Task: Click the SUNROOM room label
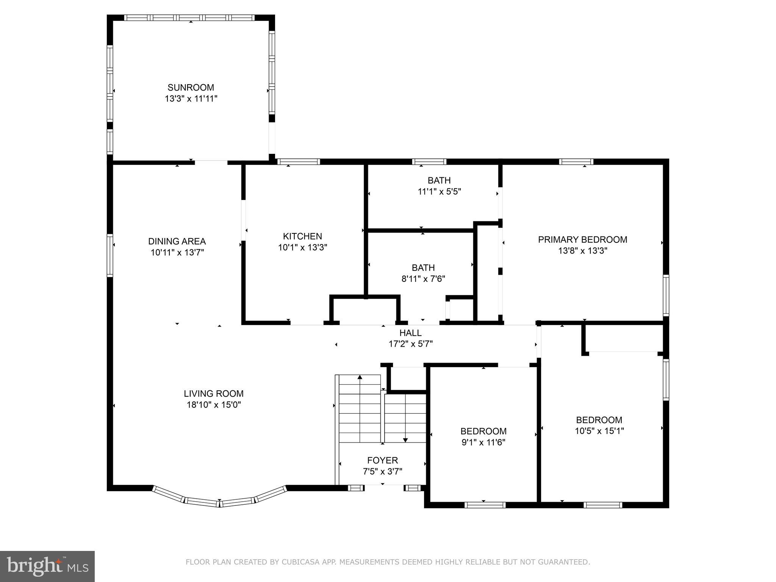click(191, 88)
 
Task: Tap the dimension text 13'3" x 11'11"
click(191, 99)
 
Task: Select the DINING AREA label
click(177, 241)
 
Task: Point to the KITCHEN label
click(302, 236)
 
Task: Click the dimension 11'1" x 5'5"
click(439, 192)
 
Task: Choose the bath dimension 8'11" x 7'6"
click(423, 279)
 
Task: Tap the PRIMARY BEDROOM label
click(583, 239)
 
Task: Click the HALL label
click(410, 333)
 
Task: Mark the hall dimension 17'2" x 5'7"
click(411, 344)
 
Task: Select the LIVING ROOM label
click(214, 394)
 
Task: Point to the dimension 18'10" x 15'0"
click(214, 405)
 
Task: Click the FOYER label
click(383, 460)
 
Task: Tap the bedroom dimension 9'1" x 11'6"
click(483, 442)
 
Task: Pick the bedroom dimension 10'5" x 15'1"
click(599, 431)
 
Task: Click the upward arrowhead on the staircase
click(360, 377)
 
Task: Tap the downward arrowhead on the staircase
click(405, 440)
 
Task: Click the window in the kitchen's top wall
click(299, 162)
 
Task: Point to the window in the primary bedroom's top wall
click(576, 162)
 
